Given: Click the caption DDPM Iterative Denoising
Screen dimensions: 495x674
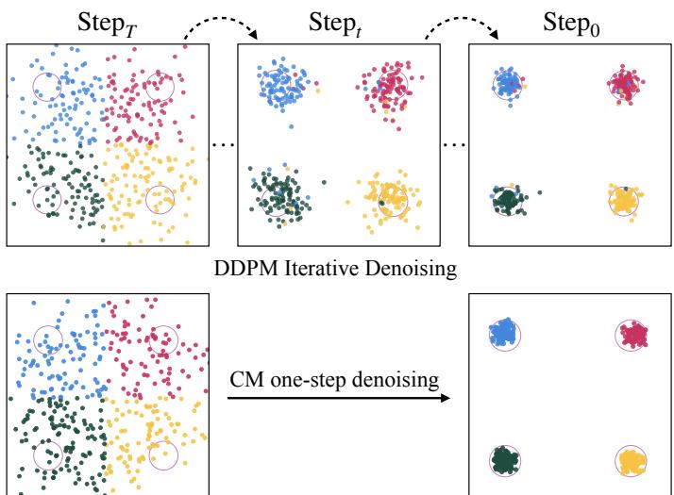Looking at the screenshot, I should (336, 270).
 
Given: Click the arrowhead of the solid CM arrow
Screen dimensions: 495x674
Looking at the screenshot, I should (445, 397).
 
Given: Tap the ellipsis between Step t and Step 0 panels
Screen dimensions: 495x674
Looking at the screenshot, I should (455, 144).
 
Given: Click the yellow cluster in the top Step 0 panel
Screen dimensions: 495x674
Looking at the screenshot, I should (624, 200).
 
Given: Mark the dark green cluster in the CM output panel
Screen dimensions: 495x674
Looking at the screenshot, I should (505, 461).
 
